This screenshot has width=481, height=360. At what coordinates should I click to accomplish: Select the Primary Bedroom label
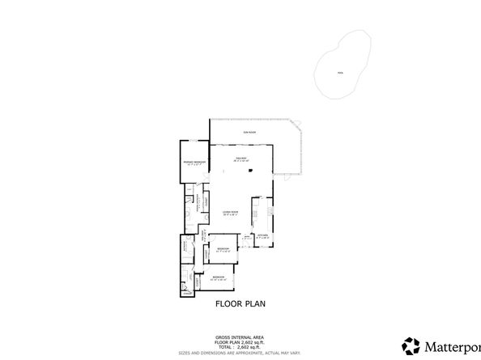click(194, 163)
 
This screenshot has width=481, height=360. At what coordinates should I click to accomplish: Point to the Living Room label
click(230, 213)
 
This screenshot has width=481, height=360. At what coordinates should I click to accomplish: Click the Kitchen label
click(262, 236)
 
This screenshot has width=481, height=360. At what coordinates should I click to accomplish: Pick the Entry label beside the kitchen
click(246, 238)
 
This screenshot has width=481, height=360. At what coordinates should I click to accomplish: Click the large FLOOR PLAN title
click(240, 305)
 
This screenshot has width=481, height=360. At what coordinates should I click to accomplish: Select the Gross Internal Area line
click(240, 337)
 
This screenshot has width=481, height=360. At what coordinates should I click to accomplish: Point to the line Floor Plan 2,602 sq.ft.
click(240, 341)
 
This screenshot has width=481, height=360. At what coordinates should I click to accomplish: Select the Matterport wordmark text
click(453, 345)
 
